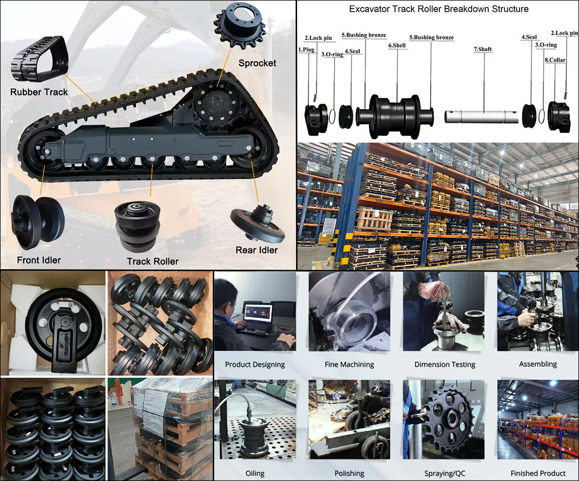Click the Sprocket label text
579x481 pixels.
(257, 63)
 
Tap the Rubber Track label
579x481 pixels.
(39, 92)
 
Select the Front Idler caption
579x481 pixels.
(39, 260)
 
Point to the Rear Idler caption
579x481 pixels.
(257, 250)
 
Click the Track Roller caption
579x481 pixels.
(153, 261)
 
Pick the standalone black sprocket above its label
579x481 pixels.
(240, 28)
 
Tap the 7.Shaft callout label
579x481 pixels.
(483, 49)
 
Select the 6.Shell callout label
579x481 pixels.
(397, 46)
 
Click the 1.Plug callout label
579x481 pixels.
(306, 49)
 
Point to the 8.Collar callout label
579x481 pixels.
(555, 60)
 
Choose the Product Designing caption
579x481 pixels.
(255, 364)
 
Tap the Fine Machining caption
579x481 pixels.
(349, 364)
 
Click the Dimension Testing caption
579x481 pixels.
(445, 364)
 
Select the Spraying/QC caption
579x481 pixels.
(444, 473)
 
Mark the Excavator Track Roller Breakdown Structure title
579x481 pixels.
(439, 9)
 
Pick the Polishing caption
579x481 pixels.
(349, 473)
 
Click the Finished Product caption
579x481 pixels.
(538, 473)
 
